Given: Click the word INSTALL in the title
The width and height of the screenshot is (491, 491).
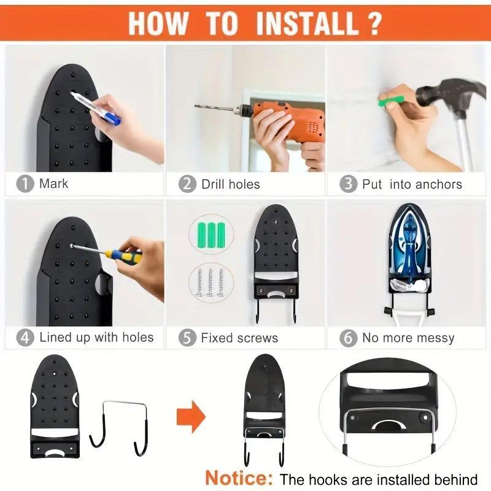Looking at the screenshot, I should tap(307, 23).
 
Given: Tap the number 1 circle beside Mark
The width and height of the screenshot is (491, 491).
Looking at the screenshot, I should tap(25, 184).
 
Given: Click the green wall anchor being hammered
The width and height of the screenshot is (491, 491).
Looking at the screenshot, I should tap(392, 98).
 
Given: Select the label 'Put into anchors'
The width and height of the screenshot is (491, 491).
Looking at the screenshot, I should tap(412, 184).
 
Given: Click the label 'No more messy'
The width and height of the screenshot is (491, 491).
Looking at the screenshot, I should tap(408, 338).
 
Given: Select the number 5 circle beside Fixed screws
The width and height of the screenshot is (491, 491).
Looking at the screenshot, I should tap(187, 338).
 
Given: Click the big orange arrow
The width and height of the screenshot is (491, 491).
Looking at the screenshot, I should tap(191, 417).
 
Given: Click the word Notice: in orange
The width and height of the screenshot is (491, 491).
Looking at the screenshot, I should tap(239, 477).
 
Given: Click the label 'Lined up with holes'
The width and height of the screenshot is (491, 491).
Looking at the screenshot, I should tap(96, 338).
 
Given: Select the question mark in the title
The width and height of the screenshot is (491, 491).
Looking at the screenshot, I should tap(373, 23).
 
